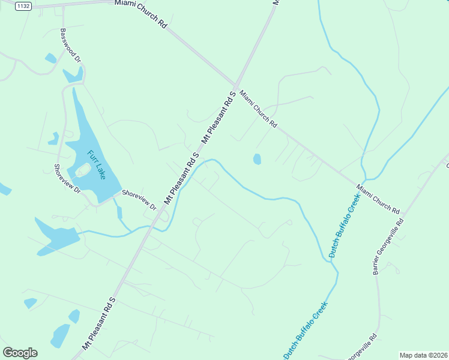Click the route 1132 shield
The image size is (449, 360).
tap(23, 6)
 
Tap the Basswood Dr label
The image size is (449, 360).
tap(70, 46)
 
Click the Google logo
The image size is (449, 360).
tap(20, 353)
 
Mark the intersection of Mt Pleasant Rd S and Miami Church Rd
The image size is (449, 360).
tap(236, 85)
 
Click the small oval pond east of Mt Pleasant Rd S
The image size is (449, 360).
tap(257, 159)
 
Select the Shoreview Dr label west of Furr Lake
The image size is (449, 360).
tap(67, 179)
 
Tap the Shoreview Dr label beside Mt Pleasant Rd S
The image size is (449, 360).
tap(139, 200)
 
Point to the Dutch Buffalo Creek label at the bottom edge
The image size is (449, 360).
tap(306, 331)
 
